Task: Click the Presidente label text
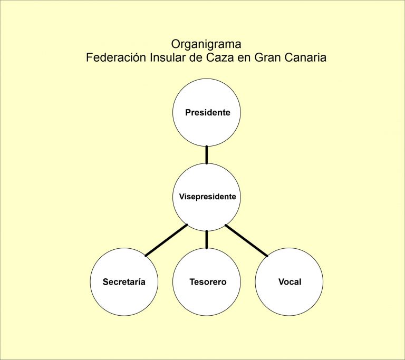207,113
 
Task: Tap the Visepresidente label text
207,197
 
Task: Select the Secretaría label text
124,282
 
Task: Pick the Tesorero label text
208,282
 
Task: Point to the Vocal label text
290,282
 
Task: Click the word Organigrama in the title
206,44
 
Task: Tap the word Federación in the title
112,57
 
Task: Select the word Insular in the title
160,57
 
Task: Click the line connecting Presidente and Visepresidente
207,154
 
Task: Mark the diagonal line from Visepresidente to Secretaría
166,240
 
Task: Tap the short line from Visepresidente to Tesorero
207,239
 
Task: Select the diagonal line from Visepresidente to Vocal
247,240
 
